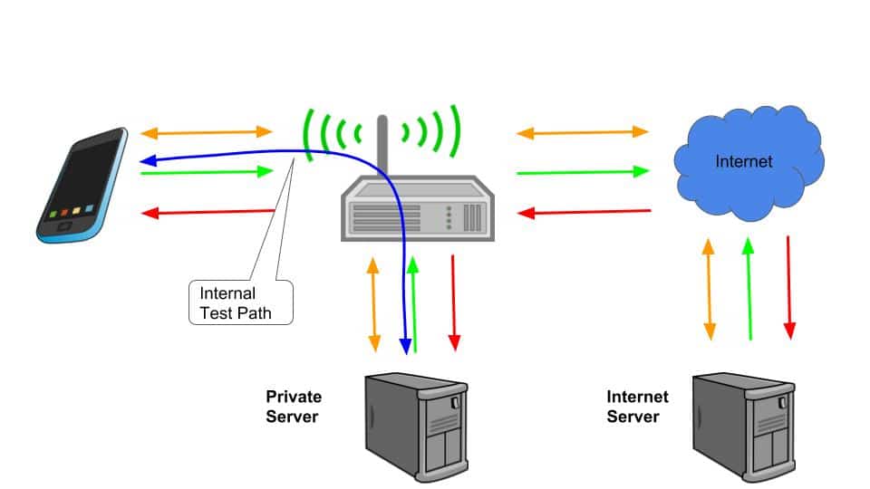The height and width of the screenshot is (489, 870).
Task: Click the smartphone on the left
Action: click(x=82, y=186)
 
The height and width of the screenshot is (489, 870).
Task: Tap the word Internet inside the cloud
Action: click(x=744, y=162)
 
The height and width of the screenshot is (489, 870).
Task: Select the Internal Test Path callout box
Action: click(x=240, y=302)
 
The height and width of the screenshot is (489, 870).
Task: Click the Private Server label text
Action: click(x=294, y=406)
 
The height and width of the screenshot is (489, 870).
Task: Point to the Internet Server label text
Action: click(x=637, y=407)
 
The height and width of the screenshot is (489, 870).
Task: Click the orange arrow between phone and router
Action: click(x=208, y=132)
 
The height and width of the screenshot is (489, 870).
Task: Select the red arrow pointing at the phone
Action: click(x=208, y=213)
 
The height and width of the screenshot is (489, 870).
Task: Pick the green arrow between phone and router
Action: click(x=208, y=171)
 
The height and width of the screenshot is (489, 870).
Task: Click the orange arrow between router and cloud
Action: click(x=583, y=132)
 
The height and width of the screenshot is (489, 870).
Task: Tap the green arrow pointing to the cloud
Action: click(x=583, y=171)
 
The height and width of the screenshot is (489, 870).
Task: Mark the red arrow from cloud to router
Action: click(x=583, y=213)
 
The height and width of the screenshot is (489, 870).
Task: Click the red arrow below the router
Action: click(x=454, y=302)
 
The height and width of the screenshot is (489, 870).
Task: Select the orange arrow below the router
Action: click(x=373, y=304)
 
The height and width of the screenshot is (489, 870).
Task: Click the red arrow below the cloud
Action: click(x=789, y=286)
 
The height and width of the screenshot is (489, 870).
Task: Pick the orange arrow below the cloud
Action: click(x=710, y=289)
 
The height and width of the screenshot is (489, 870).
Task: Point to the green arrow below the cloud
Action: click(x=749, y=289)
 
